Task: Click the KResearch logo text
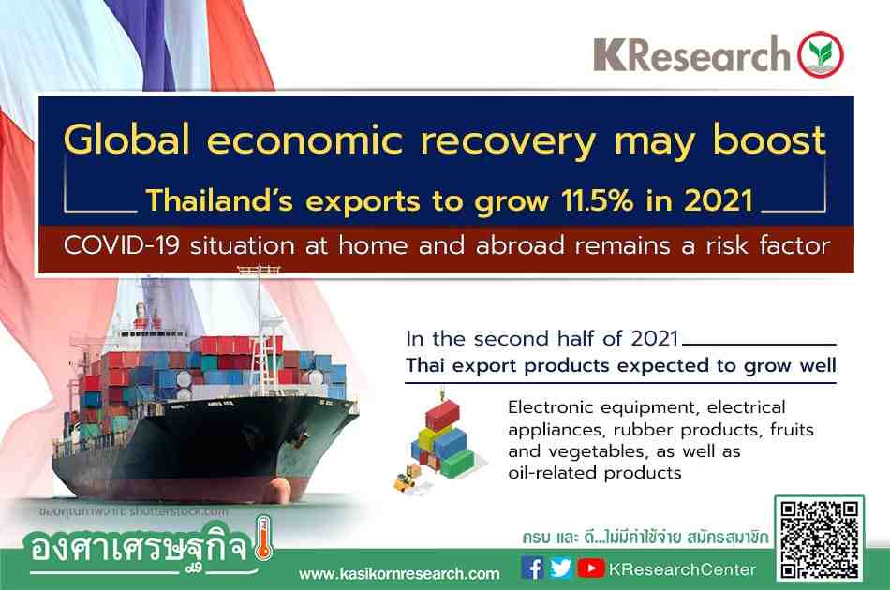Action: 691,54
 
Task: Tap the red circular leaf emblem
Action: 820,54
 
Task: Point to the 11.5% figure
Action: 597,199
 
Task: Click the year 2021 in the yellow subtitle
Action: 719,199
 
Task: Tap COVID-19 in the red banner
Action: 122,245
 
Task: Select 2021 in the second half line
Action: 655,339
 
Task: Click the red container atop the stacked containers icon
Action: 443,415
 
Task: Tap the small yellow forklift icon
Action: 405,480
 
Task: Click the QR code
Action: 819,538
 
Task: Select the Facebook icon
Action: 531,568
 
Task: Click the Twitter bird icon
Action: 561,568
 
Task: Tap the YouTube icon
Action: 591,568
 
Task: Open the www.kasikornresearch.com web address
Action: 399,573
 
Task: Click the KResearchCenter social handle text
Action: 682,569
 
